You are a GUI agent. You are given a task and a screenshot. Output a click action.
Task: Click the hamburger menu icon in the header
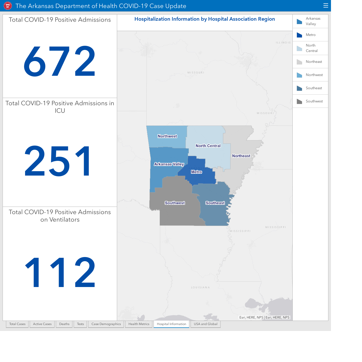326,5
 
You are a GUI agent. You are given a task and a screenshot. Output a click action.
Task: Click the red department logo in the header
8,6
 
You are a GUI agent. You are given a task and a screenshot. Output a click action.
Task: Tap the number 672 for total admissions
59,61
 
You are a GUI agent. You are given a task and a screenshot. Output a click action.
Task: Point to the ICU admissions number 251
57,161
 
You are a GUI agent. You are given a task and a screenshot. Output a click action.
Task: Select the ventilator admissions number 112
60,272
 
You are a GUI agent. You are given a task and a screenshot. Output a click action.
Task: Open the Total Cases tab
17,324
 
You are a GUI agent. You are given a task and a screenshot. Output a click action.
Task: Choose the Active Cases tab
42,324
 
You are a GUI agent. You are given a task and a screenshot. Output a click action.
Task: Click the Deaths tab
64,324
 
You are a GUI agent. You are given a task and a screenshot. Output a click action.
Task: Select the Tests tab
80,324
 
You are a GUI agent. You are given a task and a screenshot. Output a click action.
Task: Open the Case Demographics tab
106,324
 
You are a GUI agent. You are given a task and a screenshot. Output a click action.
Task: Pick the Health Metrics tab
139,324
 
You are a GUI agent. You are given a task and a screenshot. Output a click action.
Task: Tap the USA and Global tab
206,324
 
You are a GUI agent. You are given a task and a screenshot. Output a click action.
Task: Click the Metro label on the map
197,172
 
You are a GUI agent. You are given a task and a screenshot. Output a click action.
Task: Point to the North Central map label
208,146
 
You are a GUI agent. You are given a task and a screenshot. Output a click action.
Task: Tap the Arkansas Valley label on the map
169,164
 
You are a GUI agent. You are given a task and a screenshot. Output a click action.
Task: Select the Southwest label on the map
175,203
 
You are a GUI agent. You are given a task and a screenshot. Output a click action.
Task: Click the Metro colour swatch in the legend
299,35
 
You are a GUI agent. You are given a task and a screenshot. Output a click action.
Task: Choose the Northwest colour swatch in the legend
299,75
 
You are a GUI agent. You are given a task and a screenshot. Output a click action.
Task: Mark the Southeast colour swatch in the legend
299,88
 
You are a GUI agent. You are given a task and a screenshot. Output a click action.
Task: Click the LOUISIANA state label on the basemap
200,288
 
